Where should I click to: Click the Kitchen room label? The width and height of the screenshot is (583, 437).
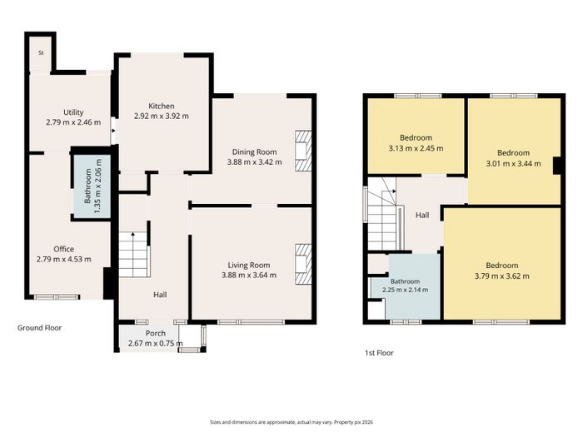point(162,106)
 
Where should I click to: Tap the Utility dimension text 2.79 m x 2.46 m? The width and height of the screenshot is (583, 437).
point(73,122)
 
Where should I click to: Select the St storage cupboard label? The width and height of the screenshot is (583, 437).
point(41,52)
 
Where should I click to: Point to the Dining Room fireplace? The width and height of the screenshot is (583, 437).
point(303,151)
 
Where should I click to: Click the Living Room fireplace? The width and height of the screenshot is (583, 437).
point(303,264)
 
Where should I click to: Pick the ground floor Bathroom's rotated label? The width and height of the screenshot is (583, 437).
point(88,186)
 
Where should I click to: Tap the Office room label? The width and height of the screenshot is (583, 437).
point(63,249)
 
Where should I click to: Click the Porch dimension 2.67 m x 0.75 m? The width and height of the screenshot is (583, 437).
point(156,344)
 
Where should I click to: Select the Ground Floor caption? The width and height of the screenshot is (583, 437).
point(39,328)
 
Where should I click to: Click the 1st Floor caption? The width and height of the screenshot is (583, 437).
point(379,353)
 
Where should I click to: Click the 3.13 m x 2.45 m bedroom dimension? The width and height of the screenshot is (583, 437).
point(416,148)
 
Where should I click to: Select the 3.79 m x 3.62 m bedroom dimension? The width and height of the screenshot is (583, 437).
point(502,276)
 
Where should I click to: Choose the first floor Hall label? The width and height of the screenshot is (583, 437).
point(422,215)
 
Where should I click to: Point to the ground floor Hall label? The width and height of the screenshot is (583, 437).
point(160,295)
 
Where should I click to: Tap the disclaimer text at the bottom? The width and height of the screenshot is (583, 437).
point(291,422)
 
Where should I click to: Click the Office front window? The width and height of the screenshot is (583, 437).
point(57,297)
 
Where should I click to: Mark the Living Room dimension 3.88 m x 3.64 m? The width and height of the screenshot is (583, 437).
point(249,275)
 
